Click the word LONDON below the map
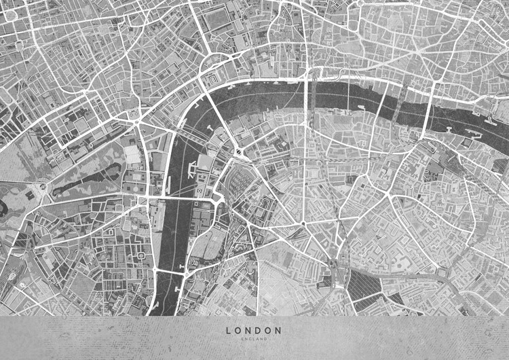(x=254, y=330)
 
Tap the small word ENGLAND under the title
(x=254, y=338)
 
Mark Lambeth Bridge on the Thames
(x=170, y=270)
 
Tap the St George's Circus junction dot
(x=303, y=223)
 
